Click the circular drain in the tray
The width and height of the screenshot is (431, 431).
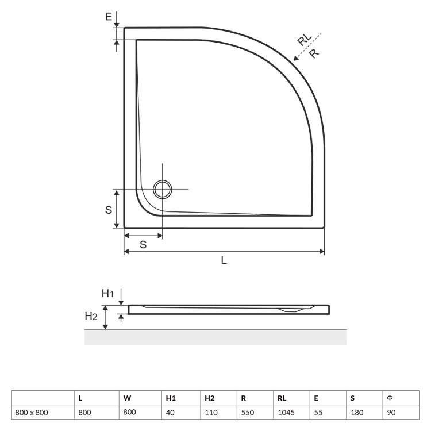(163, 190)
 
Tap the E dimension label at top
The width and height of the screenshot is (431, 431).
(109, 17)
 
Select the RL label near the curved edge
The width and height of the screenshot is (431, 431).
(305, 40)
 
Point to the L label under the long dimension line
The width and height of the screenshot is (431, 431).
(224, 260)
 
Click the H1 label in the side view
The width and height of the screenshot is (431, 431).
(107, 294)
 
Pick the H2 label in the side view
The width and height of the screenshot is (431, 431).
(91, 316)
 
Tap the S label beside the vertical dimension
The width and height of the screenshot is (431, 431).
(109, 210)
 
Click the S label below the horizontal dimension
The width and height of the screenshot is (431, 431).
(143, 244)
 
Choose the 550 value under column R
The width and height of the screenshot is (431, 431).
(247, 412)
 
